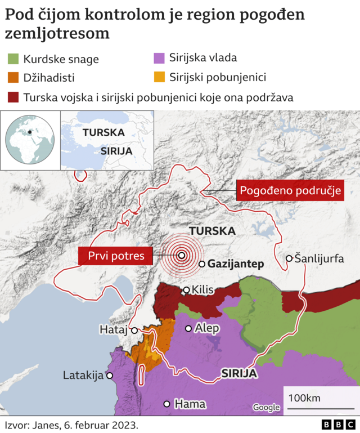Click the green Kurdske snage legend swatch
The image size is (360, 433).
click(13, 59)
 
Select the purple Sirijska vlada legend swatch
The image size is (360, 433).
click(159, 57)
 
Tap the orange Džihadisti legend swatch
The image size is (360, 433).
click(13, 78)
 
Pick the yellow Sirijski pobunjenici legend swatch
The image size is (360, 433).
click(159, 77)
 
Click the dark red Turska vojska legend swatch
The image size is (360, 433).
click(13, 97)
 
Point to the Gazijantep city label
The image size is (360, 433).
click(236, 264)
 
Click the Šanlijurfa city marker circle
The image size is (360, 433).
click(289, 258)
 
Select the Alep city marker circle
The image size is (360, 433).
click(188, 328)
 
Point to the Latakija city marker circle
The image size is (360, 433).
click(110, 376)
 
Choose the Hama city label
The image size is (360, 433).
click(190, 404)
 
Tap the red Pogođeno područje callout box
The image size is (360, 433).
click(290, 191)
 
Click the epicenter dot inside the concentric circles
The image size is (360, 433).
click(182, 255)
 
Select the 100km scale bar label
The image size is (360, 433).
click(304, 398)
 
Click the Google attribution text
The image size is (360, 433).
click(265, 407)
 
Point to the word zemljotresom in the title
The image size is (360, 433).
click(57, 34)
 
